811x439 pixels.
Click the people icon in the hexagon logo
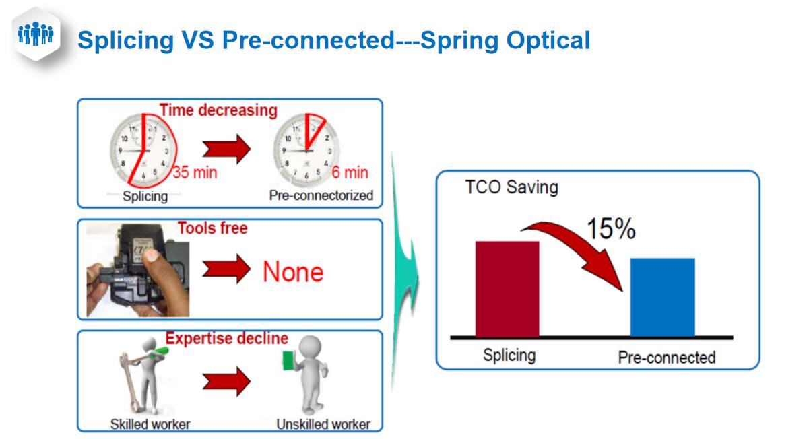[36, 34]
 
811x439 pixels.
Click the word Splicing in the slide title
[126, 40]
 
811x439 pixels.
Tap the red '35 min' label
[195, 172]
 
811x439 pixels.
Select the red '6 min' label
[350, 172]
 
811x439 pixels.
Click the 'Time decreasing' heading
[218, 110]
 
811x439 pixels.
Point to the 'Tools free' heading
[213, 228]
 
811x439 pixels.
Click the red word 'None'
[293, 272]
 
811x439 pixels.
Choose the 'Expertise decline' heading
[226, 339]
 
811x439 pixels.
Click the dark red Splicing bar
[507, 289]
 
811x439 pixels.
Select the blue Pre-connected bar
[663, 298]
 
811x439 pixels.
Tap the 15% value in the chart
[611, 229]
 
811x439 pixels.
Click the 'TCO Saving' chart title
[511, 187]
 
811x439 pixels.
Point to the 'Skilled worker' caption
[150, 424]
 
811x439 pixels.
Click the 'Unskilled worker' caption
[323, 424]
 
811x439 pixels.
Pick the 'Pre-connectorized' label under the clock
[321, 195]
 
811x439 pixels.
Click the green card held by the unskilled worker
[289, 360]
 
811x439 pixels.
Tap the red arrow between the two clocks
[226, 149]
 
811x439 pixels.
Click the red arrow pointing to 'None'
[226, 269]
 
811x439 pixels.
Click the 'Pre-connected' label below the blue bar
[667, 358]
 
